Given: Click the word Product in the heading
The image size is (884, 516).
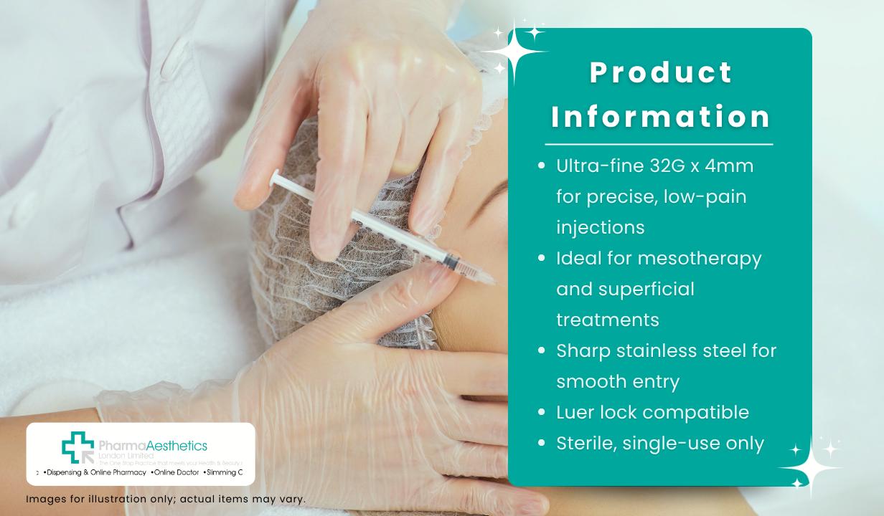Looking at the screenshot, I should point(661,72).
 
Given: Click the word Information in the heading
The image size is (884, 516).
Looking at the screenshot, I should point(661,117).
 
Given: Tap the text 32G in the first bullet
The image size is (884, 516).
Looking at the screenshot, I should point(649,166).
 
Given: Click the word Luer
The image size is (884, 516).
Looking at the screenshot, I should point(575,412).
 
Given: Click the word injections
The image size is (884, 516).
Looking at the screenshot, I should point(600,227).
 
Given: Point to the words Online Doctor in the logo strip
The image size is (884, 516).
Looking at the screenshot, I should point(175,473).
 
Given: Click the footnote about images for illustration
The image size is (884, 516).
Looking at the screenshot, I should point(166,499).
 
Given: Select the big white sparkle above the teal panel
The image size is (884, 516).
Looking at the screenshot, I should point(515,52).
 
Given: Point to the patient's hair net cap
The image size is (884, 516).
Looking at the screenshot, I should point(301,236).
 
